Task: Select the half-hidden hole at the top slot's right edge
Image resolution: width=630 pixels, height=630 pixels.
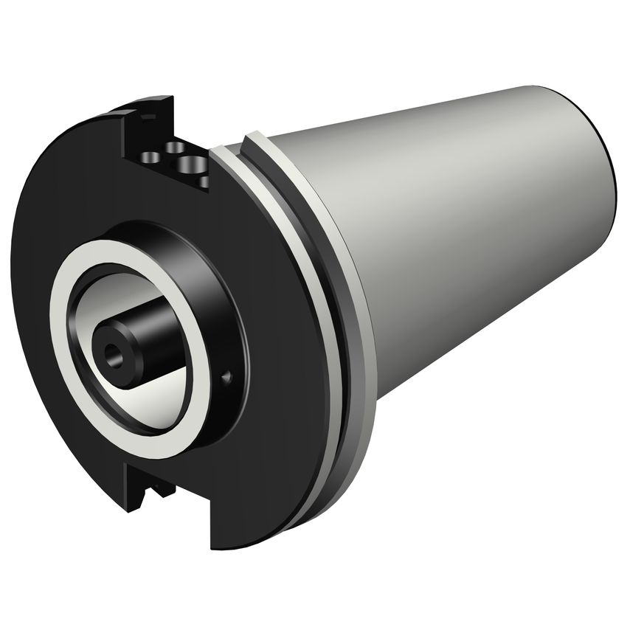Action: [x=204, y=179]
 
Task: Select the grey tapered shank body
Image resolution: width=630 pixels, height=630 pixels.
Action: [x=457, y=221]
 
